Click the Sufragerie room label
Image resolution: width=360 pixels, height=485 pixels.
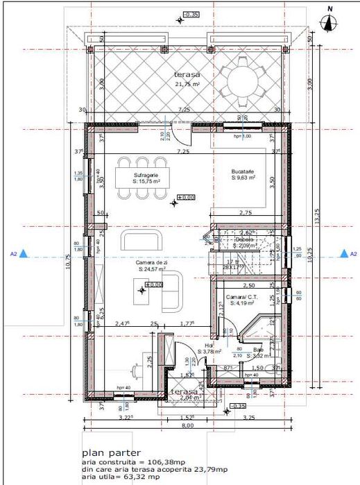tap(146, 176)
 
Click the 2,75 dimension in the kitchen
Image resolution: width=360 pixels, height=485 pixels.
tap(246, 212)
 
